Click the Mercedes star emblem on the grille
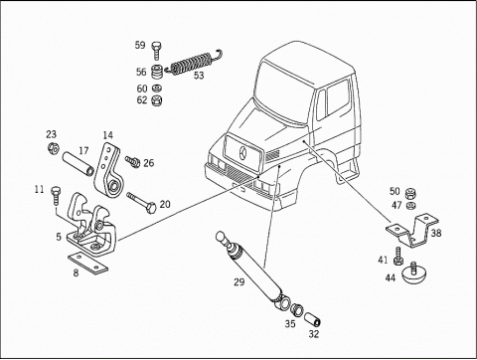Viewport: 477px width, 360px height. pyautogui.click(x=243, y=153)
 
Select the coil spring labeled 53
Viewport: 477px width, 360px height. pyautogui.click(x=194, y=62)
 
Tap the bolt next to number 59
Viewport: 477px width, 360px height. pyautogui.click(x=156, y=51)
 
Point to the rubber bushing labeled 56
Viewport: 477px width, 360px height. pyautogui.click(x=157, y=72)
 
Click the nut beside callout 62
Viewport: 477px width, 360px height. pyautogui.click(x=156, y=99)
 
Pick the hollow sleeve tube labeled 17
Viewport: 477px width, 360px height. pyautogui.click(x=79, y=164)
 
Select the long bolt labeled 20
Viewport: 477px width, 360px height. pyautogui.click(x=141, y=203)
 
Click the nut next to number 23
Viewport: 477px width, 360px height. pyautogui.click(x=53, y=148)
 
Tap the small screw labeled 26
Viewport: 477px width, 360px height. pyautogui.click(x=132, y=162)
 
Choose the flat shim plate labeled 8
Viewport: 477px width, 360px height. pyautogui.click(x=88, y=264)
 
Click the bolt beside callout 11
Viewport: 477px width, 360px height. pyautogui.click(x=55, y=196)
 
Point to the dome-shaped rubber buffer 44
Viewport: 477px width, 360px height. pyautogui.click(x=413, y=273)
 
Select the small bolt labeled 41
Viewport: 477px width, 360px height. pyautogui.click(x=398, y=257)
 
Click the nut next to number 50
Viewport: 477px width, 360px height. pyautogui.click(x=410, y=192)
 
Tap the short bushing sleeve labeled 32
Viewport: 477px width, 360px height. pyautogui.click(x=313, y=318)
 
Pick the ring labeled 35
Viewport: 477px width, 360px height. pyautogui.click(x=296, y=309)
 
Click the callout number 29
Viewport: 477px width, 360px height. pyautogui.click(x=239, y=282)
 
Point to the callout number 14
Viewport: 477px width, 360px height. pyautogui.click(x=108, y=135)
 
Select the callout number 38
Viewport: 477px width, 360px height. pyautogui.click(x=436, y=233)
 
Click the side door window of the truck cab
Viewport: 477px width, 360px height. pyautogui.click(x=337, y=97)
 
